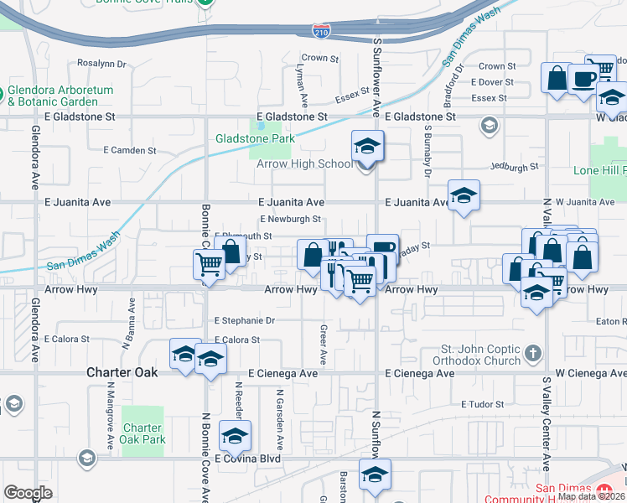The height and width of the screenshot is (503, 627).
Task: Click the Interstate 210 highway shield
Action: (x=322, y=31)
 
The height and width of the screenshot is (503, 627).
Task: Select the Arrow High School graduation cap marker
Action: (x=367, y=148)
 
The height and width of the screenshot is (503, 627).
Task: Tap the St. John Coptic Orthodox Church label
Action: (x=482, y=355)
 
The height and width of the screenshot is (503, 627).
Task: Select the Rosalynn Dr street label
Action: (x=101, y=63)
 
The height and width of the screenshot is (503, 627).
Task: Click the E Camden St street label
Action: (x=129, y=151)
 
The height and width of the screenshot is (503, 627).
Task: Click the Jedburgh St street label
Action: (x=514, y=168)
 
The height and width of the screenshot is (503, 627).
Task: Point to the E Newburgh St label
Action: (x=291, y=220)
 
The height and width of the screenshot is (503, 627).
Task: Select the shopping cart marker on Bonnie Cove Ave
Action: (x=208, y=264)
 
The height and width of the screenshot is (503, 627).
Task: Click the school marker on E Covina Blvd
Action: (x=236, y=436)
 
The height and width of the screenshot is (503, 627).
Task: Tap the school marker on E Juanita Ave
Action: (x=464, y=197)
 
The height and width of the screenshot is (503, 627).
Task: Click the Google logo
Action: (x=28, y=492)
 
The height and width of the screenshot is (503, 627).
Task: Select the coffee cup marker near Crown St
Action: (x=584, y=79)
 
